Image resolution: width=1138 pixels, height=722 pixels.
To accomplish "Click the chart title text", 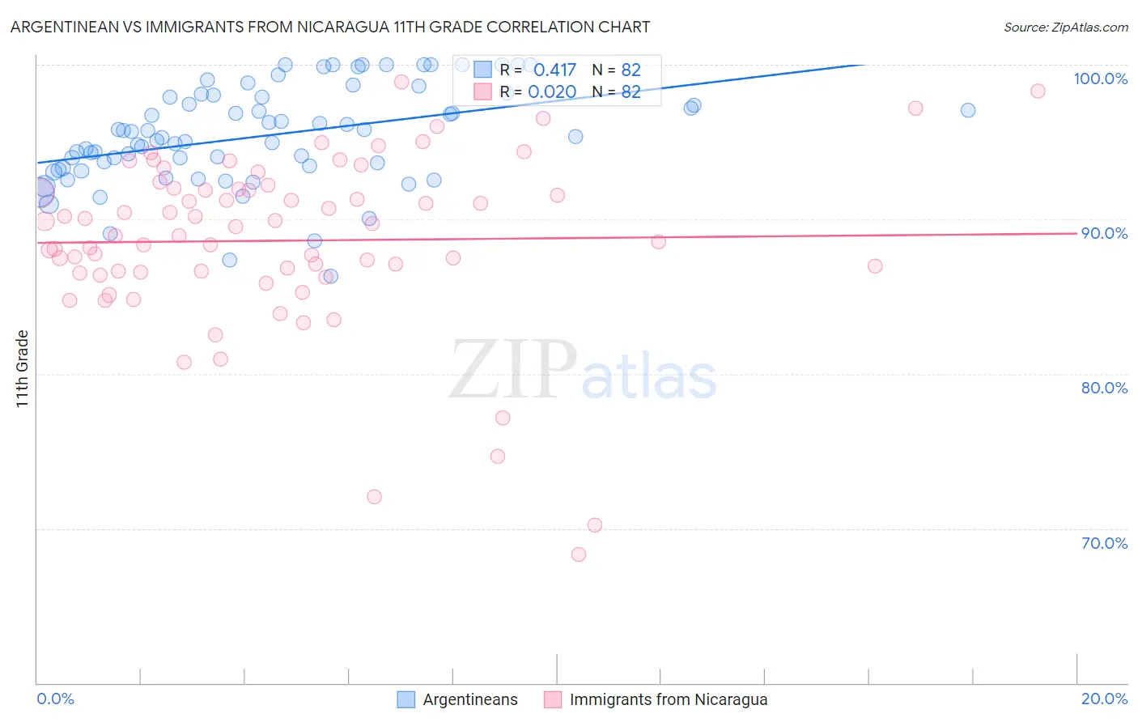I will (x=330, y=27).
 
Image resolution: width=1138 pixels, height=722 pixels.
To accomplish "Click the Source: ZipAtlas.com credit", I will (x=1065, y=27).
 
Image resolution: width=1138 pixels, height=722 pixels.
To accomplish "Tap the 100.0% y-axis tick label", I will (x=1100, y=79).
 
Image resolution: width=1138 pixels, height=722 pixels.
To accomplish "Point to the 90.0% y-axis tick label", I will (x=1104, y=233).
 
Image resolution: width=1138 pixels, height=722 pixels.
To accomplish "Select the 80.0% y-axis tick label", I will (x=1104, y=388).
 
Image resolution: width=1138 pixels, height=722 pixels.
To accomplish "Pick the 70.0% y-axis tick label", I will (x=1104, y=543).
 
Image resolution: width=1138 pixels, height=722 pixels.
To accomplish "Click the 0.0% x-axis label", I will (x=55, y=699).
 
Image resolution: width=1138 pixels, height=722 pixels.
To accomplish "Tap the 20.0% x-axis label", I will (x=1104, y=699).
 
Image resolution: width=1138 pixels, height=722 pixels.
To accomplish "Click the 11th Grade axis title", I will (x=23, y=368).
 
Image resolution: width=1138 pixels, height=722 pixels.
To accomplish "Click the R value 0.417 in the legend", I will (x=554, y=70).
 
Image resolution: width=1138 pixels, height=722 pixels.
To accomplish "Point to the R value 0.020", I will (x=552, y=92).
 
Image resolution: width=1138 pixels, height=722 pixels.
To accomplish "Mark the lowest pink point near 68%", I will (x=579, y=554).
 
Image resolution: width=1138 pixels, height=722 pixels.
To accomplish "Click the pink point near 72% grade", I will (x=374, y=497).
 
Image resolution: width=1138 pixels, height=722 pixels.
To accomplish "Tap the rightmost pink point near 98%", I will (x=1038, y=91).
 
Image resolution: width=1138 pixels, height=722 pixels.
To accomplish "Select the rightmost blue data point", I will (x=968, y=110).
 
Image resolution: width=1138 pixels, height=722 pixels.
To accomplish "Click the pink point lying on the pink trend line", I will (x=658, y=242).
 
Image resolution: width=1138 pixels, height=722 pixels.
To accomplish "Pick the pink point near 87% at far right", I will (x=875, y=266).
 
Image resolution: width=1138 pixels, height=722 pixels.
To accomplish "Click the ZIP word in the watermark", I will (x=512, y=371).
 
